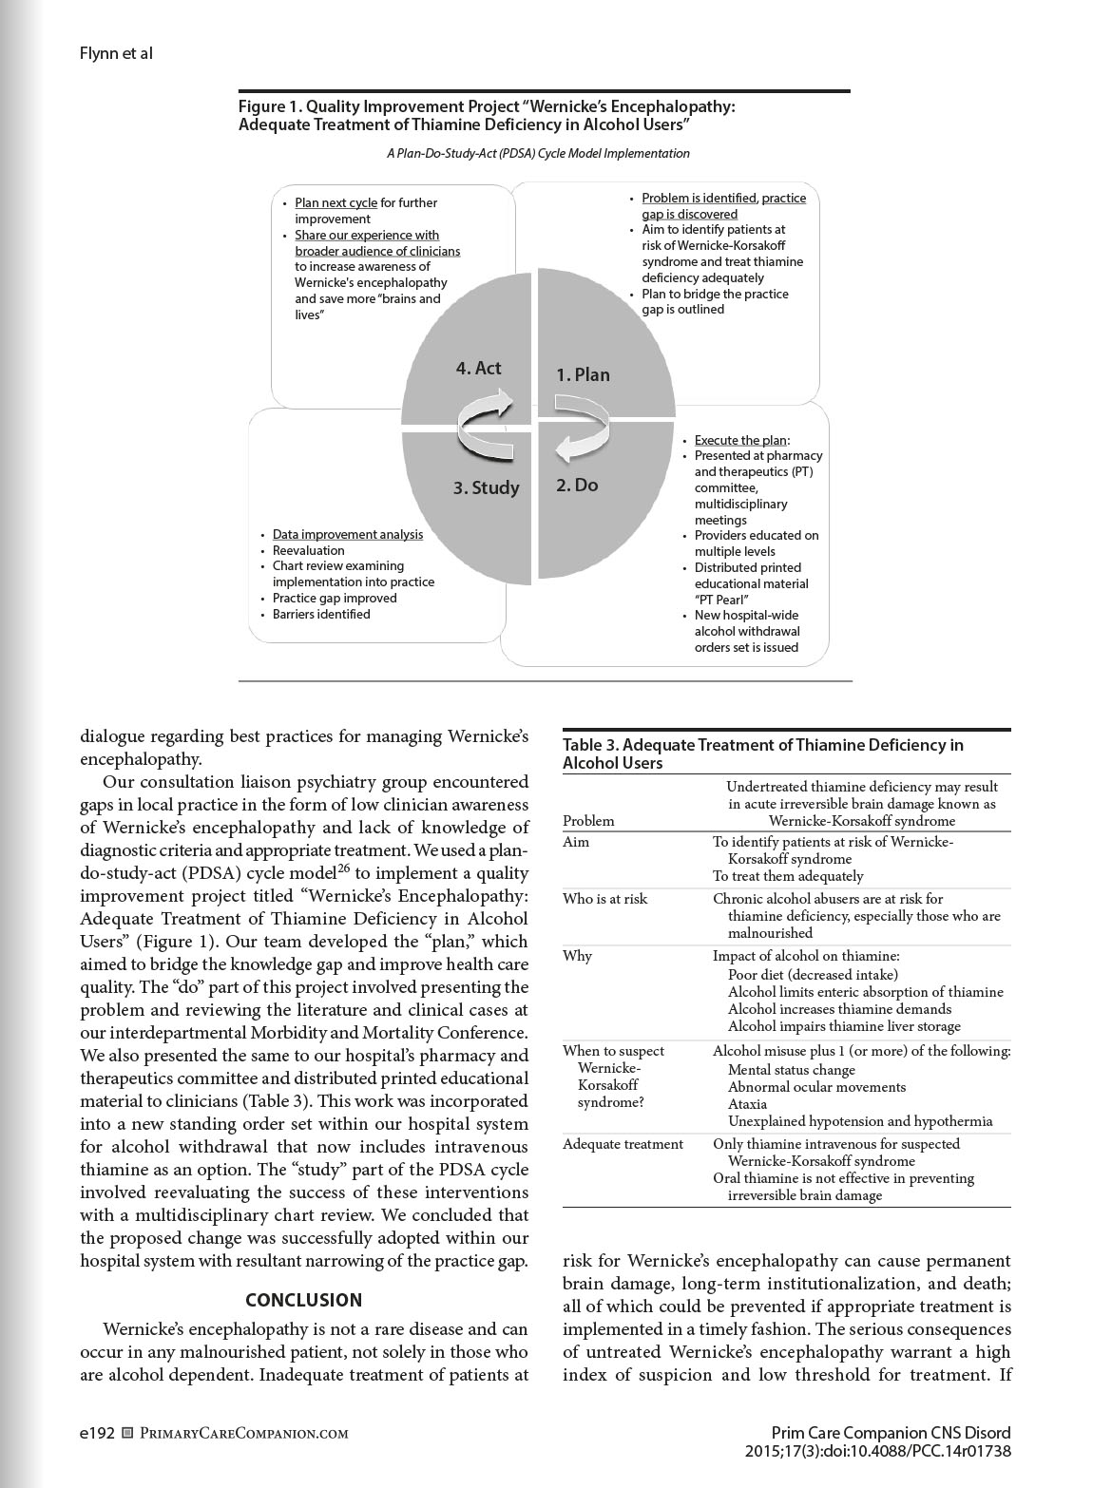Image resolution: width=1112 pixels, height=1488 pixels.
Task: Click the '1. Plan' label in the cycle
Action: (583, 374)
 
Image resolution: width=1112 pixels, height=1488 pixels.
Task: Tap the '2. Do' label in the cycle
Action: (577, 485)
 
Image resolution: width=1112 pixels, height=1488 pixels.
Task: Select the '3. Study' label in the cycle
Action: (486, 487)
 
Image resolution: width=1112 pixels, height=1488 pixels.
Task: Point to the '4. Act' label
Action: (478, 368)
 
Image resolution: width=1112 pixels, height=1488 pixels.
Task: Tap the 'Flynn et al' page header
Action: (116, 53)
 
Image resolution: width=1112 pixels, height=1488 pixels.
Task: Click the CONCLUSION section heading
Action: (303, 1300)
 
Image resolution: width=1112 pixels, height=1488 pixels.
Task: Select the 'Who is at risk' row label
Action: (604, 899)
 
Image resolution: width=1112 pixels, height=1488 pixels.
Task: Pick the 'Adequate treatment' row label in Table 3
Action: (623, 1144)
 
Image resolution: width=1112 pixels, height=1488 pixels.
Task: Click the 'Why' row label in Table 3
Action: (577, 956)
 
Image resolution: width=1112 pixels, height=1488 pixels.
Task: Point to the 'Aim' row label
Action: (576, 842)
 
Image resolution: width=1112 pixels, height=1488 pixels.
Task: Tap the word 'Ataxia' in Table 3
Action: (747, 1104)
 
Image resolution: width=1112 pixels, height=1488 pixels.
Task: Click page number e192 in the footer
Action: (97, 1433)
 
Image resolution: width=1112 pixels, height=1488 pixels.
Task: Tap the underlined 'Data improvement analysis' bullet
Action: (348, 534)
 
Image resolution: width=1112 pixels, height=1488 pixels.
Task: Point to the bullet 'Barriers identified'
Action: (321, 614)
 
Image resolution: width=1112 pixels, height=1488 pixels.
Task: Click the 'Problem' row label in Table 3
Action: (588, 821)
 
